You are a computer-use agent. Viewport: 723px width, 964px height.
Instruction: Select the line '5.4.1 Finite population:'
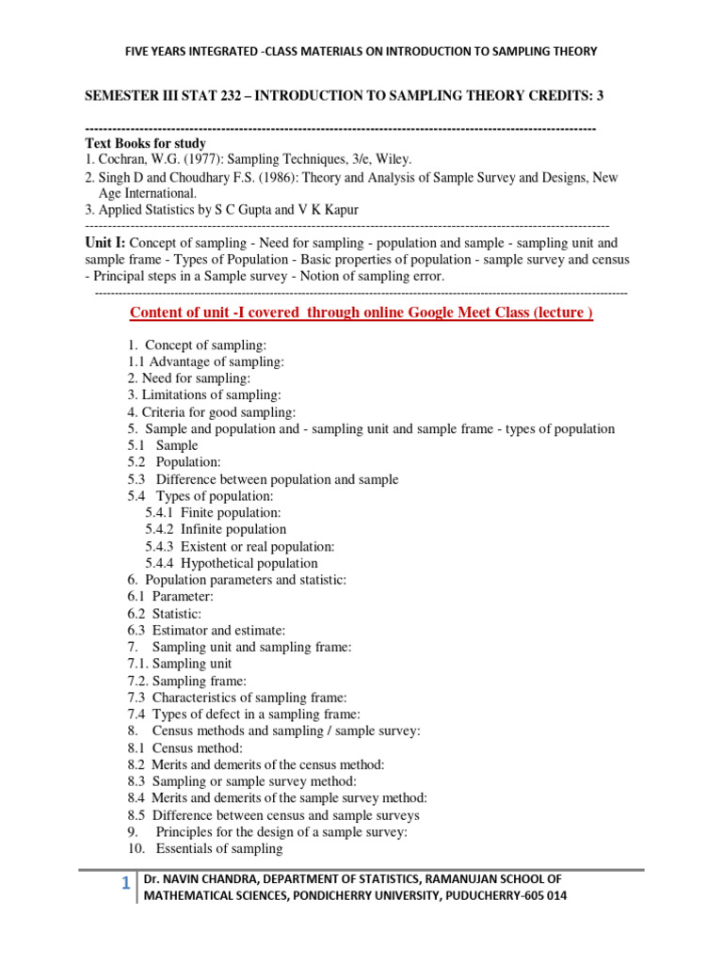[x=213, y=512]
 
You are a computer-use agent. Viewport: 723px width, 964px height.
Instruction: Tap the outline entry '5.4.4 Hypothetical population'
[x=231, y=563]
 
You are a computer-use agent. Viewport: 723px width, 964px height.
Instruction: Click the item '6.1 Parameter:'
[x=170, y=597]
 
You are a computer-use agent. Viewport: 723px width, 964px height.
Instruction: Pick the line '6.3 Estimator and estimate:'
[x=206, y=630]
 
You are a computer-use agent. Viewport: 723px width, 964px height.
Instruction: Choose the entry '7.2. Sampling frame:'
[x=187, y=681]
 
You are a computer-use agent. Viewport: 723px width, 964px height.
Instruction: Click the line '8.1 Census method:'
[x=185, y=747]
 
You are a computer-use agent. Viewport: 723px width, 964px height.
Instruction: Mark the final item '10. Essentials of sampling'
[x=205, y=848]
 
